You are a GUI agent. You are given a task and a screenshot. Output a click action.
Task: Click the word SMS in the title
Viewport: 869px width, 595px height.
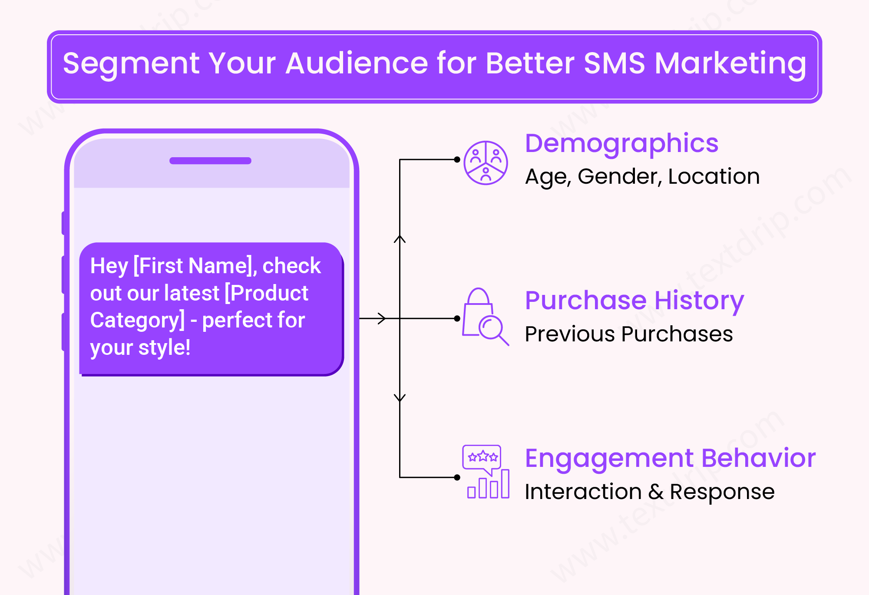click(x=615, y=63)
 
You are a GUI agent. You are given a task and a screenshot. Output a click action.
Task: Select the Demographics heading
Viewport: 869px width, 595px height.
click(x=621, y=143)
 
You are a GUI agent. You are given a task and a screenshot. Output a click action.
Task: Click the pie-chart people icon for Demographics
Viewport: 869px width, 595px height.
click(x=486, y=163)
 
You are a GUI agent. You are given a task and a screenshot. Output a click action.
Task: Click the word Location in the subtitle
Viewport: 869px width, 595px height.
click(x=714, y=176)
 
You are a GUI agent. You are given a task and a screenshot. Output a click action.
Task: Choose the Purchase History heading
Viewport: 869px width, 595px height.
click(x=634, y=301)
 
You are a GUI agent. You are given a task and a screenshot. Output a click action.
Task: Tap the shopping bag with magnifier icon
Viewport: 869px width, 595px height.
click(x=485, y=317)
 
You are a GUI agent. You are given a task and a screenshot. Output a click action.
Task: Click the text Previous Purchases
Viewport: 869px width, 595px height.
click(x=628, y=334)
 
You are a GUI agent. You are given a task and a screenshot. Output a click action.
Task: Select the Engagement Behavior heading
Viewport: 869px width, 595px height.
click(x=670, y=458)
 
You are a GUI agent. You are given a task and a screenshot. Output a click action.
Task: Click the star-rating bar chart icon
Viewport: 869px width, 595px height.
click(x=486, y=472)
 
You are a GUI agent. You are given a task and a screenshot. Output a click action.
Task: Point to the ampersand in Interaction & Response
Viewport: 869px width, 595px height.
click(x=656, y=492)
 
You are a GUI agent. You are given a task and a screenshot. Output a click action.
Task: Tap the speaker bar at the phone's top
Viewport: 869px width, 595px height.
click(x=210, y=161)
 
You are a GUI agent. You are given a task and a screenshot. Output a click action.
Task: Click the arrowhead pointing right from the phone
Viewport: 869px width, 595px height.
click(x=382, y=318)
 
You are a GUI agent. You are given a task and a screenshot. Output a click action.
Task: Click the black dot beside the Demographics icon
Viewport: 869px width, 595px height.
click(x=457, y=159)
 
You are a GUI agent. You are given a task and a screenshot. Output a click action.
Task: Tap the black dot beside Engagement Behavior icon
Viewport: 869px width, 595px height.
click(x=457, y=477)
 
